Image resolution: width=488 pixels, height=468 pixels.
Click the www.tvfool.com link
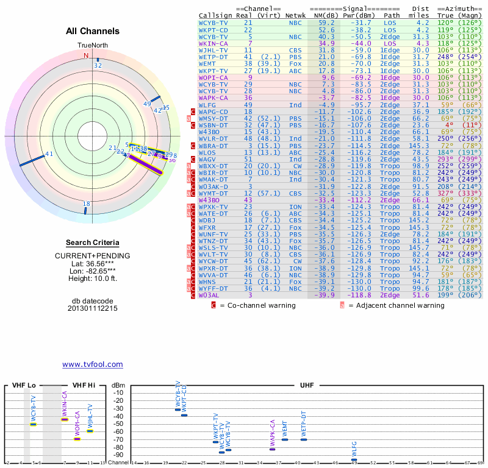tap(93, 364)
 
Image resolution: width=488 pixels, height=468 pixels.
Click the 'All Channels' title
tap(93, 31)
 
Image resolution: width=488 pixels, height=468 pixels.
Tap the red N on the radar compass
tap(86, 55)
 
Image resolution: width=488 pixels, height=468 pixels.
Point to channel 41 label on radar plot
tap(49, 154)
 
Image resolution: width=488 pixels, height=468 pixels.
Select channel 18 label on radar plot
tap(87, 204)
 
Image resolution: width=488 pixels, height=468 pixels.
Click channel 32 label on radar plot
tap(98, 65)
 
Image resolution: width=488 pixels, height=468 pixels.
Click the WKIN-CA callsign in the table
tap(213, 44)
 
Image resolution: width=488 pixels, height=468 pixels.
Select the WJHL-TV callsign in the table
tap(213, 51)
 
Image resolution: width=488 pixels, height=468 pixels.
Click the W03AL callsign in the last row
tap(209, 295)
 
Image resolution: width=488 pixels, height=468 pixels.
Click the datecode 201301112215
tap(93, 308)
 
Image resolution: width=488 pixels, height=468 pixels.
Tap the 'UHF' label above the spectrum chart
tap(307, 386)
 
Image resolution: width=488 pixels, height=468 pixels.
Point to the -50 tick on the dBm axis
tap(118, 424)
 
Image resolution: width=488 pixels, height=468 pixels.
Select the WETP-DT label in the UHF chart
tap(303, 424)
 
